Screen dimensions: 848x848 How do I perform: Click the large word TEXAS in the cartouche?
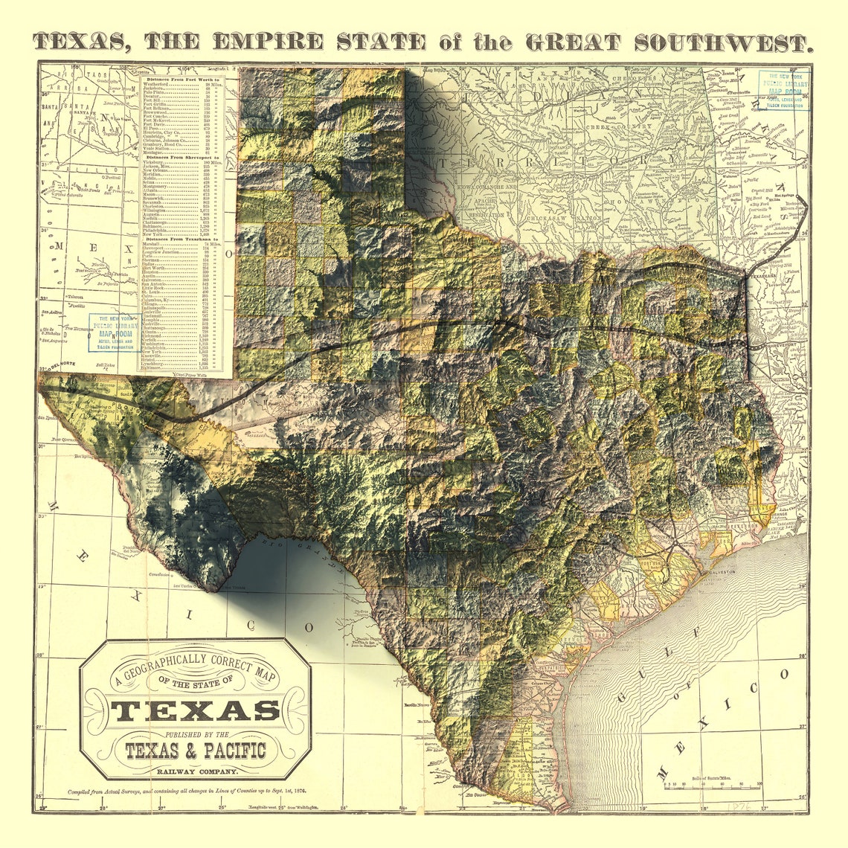click(x=196, y=711)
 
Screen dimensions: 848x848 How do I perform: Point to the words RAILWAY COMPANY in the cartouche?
click(x=196, y=771)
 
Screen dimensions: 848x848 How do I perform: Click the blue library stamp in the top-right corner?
click(x=783, y=90)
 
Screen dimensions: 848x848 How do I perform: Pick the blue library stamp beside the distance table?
click(x=113, y=333)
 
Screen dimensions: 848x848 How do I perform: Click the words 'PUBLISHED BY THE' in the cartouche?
click(x=196, y=733)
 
